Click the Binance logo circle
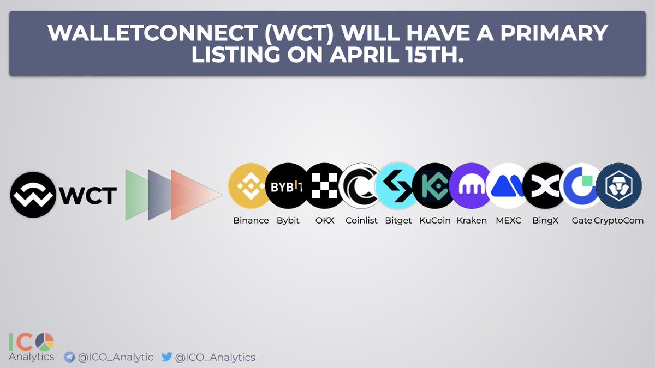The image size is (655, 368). click(x=249, y=186)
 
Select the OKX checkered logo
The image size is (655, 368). click(x=324, y=186)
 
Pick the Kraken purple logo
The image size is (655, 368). click(x=471, y=186)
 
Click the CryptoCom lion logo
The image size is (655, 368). click(x=618, y=186)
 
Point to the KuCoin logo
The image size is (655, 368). click(x=434, y=186)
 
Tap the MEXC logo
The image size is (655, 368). click(x=508, y=186)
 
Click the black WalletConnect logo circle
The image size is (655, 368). click(x=33, y=195)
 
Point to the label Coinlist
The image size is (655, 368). click(x=361, y=221)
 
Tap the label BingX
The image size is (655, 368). click(x=545, y=221)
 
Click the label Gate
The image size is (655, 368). click(x=582, y=221)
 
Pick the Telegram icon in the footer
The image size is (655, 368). click(x=69, y=358)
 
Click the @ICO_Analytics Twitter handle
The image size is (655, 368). click(x=215, y=358)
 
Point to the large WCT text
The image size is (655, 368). click(x=88, y=195)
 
